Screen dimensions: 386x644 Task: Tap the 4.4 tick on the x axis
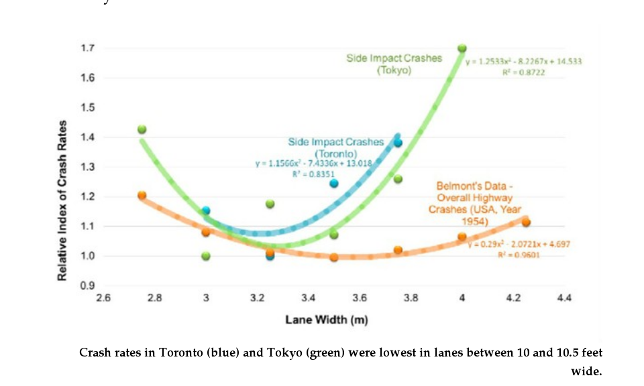tap(564, 298)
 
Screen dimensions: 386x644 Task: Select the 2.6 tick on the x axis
tap(103, 298)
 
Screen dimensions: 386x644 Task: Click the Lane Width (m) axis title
tap(326, 320)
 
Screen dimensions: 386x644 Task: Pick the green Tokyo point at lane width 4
tap(462, 48)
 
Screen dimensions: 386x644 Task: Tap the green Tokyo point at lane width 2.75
tap(142, 129)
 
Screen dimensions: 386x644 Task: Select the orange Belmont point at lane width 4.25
tap(526, 222)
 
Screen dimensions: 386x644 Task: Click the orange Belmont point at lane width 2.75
tap(142, 195)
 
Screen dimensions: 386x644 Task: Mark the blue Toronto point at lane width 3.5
tap(333, 183)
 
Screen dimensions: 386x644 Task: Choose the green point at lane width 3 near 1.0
tap(206, 256)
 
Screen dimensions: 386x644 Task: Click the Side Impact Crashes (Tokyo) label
tap(394, 64)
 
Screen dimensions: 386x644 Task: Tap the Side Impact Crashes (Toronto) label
tap(335, 147)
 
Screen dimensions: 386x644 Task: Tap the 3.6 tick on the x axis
tap(360, 298)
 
